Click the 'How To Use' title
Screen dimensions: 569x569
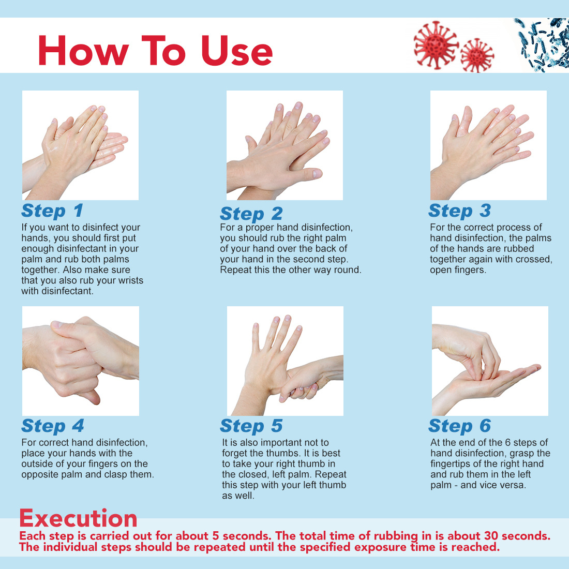click(155, 51)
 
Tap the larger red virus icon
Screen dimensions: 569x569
click(436, 45)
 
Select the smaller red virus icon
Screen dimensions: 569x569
click(477, 55)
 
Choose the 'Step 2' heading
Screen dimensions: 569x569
click(251, 214)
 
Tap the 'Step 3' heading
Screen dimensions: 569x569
click(460, 211)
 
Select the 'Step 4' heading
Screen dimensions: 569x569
click(53, 426)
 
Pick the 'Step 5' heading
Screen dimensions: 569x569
click(251, 426)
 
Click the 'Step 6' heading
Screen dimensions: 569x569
click(460, 426)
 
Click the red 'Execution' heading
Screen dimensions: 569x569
click(79, 518)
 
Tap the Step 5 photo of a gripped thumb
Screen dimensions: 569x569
click(285, 361)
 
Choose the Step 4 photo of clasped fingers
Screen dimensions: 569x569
click(81, 361)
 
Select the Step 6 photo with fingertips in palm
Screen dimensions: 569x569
click(490, 361)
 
